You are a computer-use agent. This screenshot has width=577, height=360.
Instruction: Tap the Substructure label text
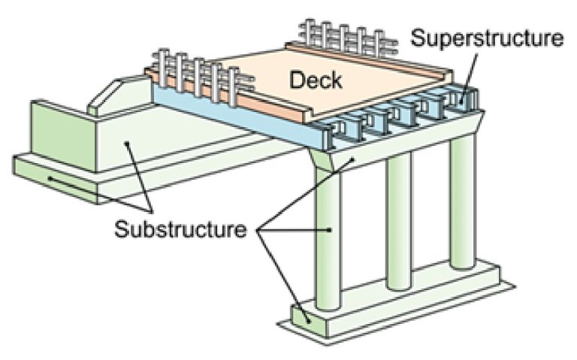coord(180,228)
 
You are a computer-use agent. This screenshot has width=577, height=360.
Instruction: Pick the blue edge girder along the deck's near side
coord(225,116)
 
